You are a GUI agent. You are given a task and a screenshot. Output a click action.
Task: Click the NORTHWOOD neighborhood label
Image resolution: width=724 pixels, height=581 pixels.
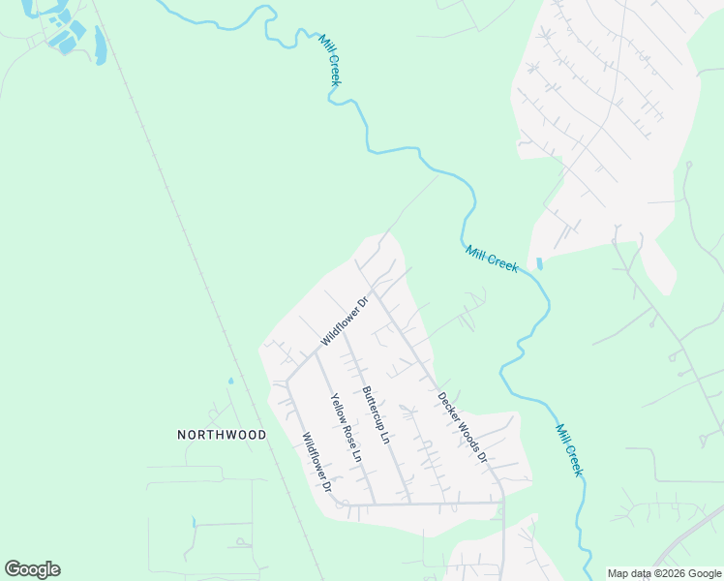(x=222, y=435)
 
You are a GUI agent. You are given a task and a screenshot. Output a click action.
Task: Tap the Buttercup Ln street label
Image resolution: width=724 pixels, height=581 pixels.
(x=375, y=415)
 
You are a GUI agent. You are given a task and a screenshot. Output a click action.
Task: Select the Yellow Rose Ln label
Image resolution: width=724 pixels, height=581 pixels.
(x=344, y=427)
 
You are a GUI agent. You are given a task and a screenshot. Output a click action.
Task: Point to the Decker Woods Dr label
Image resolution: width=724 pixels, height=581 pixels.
(x=460, y=425)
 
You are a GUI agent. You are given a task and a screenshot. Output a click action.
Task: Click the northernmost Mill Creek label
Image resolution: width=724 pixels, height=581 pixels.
(x=329, y=59)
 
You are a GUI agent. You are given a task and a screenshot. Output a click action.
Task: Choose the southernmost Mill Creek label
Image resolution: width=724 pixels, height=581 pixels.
(x=569, y=449)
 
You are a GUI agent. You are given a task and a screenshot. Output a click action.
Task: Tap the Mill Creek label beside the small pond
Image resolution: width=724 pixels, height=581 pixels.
(x=492, y=259)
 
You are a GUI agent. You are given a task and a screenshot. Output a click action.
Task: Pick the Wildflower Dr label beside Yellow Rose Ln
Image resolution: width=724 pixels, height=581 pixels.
(x=317, y=461)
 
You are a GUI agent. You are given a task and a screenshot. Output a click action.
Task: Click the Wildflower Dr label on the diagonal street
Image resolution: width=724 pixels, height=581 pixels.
(x=346, y=321)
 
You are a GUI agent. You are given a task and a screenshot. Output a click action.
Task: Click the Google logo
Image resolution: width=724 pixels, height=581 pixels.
(x=32, y=569)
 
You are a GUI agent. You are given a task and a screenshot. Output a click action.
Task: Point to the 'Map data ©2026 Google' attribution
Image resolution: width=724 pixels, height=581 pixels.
(x=664, y=574)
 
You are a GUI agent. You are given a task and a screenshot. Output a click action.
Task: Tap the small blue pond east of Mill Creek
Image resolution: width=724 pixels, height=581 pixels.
(x=539, y=263)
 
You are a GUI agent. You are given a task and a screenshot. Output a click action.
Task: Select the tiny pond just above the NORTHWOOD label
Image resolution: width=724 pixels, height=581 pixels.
(x=231, y=381)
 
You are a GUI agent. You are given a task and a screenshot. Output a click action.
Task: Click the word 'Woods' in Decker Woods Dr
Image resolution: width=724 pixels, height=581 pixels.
(x=463, y=428)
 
